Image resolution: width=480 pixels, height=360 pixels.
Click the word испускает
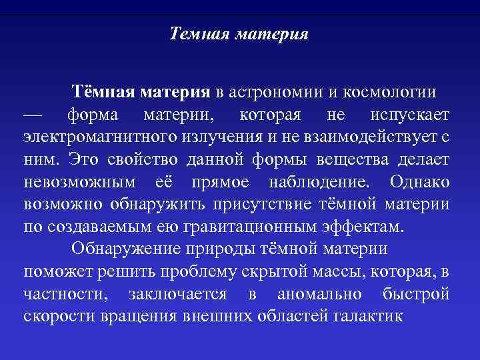tap(409, 115)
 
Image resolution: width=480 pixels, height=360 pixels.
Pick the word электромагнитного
tap(97, 137)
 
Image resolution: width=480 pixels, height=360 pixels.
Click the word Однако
tap(420, 183)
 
